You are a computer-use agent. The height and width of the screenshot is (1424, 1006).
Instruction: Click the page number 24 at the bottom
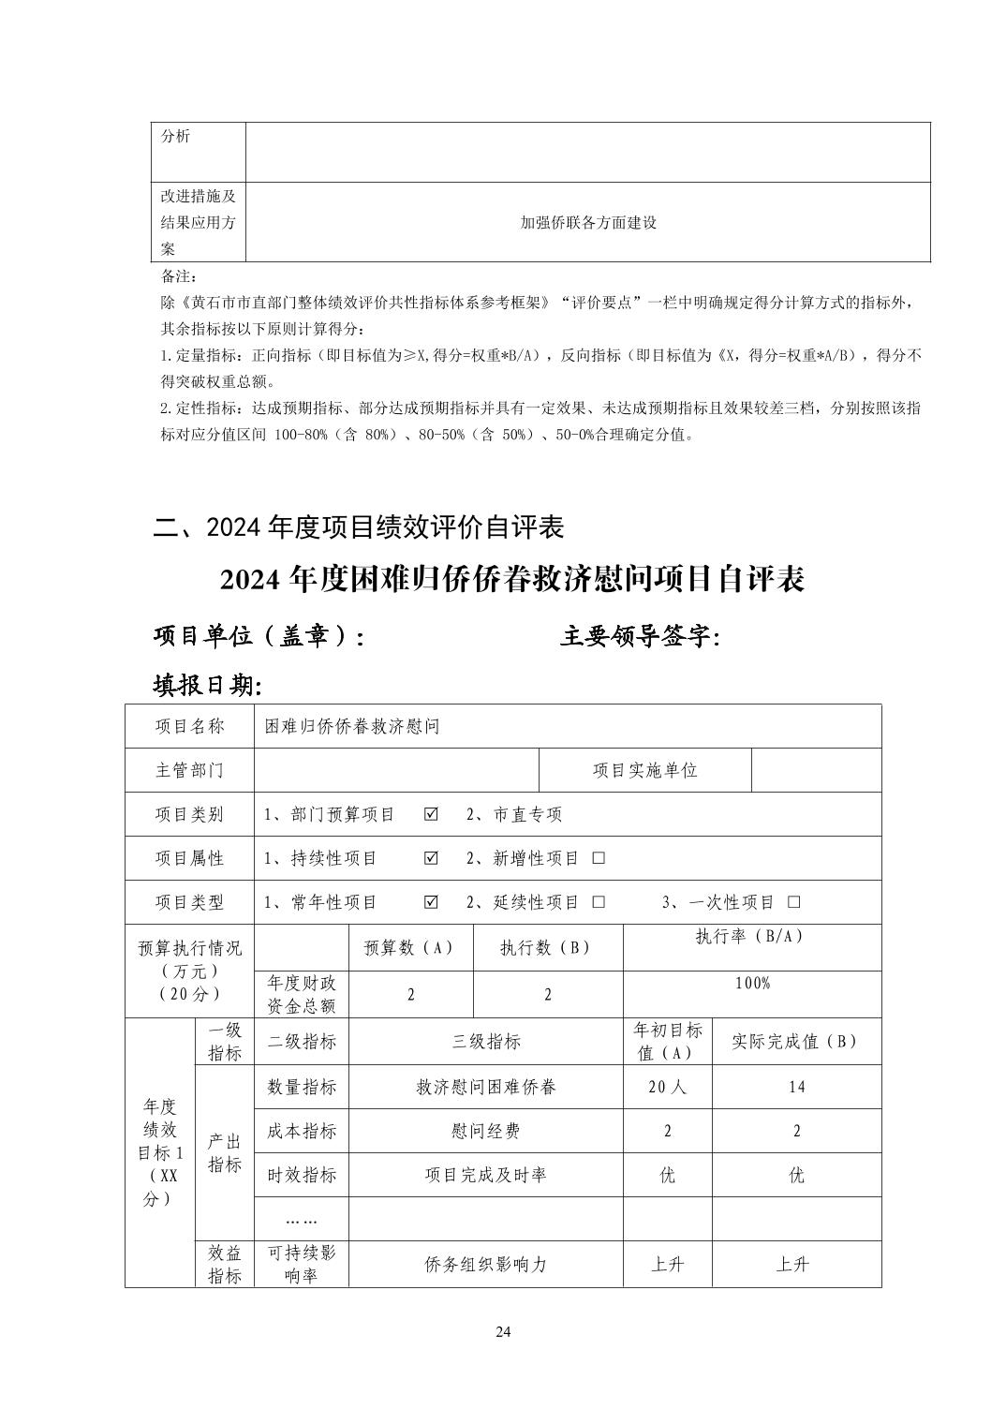503,1332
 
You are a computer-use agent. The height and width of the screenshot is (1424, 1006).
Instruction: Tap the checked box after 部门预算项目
431,814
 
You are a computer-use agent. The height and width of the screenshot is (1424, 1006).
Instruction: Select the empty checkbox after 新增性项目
599,858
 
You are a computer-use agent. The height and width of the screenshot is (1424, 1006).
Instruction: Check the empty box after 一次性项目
794,902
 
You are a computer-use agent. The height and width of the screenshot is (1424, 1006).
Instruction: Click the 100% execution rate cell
752,984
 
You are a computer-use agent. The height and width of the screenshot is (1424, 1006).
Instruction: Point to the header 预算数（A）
409,947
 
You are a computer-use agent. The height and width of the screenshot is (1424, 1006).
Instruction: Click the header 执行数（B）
547,947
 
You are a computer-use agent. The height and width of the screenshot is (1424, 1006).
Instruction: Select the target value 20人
667,1087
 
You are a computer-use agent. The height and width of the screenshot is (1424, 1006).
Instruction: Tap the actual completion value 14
796,1087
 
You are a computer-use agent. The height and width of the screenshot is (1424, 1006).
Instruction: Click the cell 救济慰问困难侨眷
485,1087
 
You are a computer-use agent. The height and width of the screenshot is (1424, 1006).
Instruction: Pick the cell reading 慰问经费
485,1131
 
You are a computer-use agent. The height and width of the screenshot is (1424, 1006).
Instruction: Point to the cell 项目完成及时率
485,1175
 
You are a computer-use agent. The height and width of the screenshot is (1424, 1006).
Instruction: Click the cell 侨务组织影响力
485,1264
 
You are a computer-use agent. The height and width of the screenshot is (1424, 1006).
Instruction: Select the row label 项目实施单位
644,770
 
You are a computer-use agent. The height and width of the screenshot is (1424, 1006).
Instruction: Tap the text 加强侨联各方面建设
588,223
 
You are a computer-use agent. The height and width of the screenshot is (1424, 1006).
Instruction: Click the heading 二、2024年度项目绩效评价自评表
359,527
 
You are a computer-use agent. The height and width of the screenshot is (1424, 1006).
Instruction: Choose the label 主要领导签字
641,637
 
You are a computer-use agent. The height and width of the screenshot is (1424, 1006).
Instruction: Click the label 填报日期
207,686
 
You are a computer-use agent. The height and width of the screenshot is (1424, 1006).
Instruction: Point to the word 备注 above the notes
179,277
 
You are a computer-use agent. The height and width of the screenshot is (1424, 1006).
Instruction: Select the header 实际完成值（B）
795,1041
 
